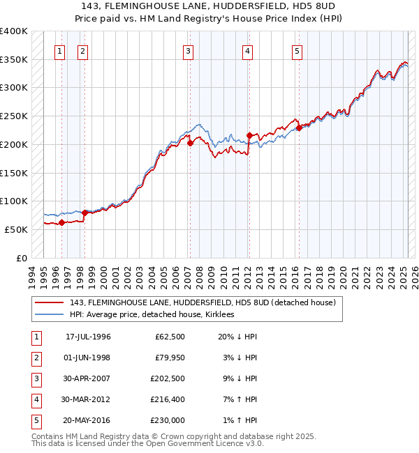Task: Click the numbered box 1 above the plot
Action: (59, 50)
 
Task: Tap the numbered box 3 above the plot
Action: (189, 50)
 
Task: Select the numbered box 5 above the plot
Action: (297, 50)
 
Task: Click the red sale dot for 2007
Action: (189, 144)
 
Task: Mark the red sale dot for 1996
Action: (61, 223)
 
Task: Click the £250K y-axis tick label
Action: (14, 116)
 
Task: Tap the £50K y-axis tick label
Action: (16, 229)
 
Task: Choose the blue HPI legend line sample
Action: (49, 314)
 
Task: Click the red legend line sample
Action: (49, 302)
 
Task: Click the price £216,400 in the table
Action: (168, 400)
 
